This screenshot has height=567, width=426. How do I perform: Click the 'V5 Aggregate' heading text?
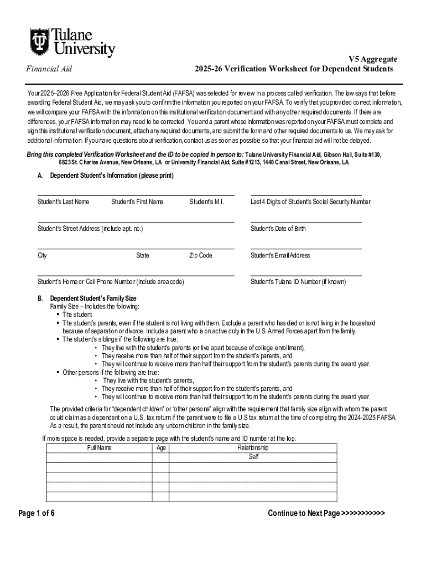372,59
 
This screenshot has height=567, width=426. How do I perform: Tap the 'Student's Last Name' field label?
63,202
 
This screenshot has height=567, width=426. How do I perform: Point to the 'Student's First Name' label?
137,202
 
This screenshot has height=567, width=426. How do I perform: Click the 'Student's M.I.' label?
206,202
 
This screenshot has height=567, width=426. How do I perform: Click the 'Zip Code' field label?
200,255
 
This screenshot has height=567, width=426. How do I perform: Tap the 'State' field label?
143,255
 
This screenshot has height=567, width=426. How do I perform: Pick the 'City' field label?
42,255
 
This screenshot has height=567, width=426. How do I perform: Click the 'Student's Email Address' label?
280,255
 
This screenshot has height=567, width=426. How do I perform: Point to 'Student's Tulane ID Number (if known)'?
298,282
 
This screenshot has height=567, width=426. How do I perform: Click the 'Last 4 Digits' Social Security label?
310,202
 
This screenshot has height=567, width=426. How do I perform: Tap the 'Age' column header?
161,448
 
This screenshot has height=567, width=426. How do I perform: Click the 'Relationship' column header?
253,447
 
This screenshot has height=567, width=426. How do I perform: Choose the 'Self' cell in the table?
253,457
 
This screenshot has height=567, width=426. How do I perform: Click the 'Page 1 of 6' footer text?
37,513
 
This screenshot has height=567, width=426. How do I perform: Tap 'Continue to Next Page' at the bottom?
326,513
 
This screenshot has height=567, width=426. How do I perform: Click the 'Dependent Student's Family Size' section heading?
93,298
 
